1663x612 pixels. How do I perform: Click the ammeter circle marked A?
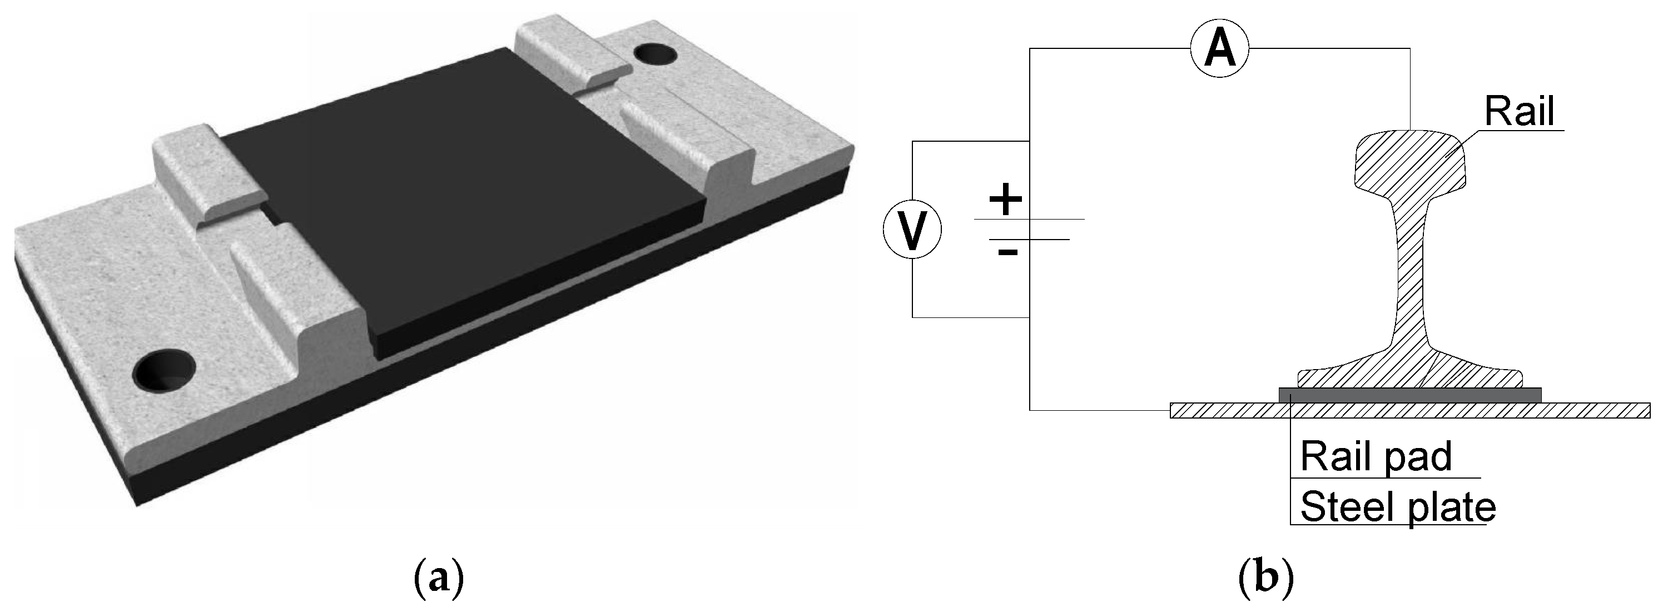(x=1219, y=48)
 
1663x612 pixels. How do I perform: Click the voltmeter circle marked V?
(x=912, y=229)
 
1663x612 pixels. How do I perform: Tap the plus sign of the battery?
(x=1005, y=199)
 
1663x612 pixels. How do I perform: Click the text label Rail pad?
(x=1376, y=456)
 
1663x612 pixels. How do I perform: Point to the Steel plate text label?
(x=1398, y=507)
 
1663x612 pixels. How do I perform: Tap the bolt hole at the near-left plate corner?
(x=163, y=371)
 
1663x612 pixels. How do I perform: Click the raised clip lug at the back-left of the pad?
(x=207, y=175)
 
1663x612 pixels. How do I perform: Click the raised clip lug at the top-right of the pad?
(x=572, y=55)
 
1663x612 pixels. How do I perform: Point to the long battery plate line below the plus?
(x=1029, y=220)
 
